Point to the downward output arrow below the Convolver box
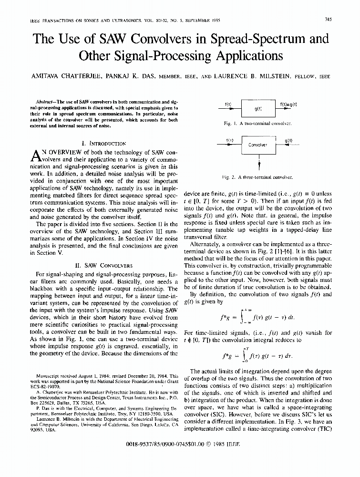(259, 164)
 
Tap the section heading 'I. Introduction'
(104, 143)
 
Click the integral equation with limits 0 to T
(258, 354)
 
